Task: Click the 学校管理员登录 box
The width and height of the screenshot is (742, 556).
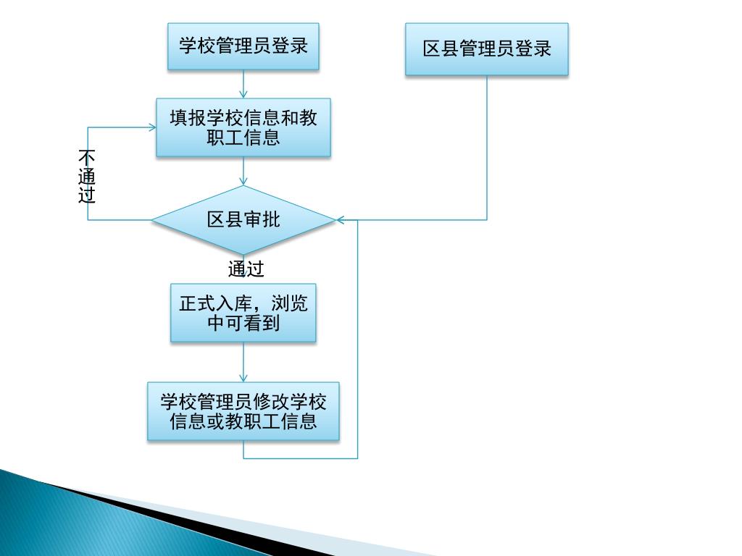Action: (x=243, y=46)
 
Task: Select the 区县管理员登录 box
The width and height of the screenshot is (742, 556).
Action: (x=487, y=49)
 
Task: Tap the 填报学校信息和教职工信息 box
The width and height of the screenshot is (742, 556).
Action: (x=243, y=127)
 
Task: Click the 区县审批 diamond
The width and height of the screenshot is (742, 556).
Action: (x=243, y=219)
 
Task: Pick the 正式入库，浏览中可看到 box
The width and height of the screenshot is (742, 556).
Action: (x=243, y=313)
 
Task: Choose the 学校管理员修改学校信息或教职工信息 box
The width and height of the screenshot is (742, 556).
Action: (x=243, y=411)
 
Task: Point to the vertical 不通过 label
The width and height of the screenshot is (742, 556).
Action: (x=87, y=177)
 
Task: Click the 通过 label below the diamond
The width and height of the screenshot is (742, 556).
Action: (x=246, y=269)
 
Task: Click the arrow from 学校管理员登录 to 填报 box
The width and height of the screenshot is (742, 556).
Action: (x=243, y=84)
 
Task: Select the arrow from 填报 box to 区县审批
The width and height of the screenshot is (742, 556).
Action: (x=243, y=171)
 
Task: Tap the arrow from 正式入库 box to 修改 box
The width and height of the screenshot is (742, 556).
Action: (x=243, y=362)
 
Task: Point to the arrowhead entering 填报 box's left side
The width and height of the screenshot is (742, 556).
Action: (x=152, y=127)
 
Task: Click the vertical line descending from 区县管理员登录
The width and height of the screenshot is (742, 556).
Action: (x=487, y=145)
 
